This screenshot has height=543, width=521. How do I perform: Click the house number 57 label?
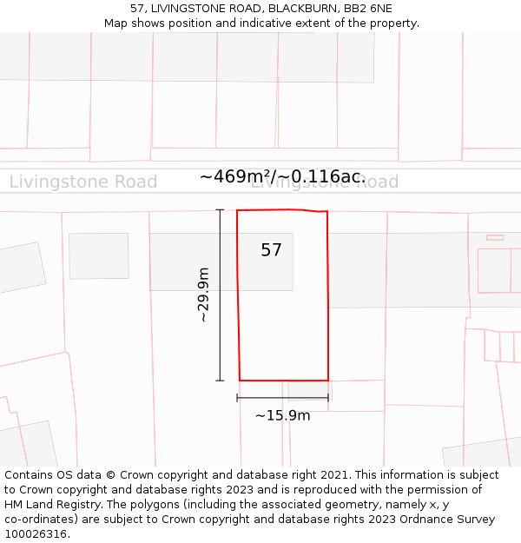pyautogui.click(x=271, y=250)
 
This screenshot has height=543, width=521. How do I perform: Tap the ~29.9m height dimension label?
pyautogui.click(x=204, y=295)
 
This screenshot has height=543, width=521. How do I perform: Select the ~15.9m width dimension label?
pyautogui.click(x=282, y=415)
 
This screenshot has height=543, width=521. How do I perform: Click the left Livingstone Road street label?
pyautogui.click(x=83, y=182)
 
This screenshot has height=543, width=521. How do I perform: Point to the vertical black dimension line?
pyautogui.click(x=220, y=295)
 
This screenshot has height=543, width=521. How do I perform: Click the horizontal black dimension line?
pyautogui.click(x=282, y=398)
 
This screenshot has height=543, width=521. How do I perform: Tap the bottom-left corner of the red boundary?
pyautogui.click(x=240, y=381)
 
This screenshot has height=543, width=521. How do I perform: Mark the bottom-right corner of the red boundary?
pyautogui.click(x=328, y=381)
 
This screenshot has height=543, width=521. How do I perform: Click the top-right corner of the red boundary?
pyautogui.click(x=327, y=211)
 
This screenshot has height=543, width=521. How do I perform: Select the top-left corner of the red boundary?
pyautogui.click(x=237, y=210)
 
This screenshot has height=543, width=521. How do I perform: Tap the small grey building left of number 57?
pyautogui.click(x=99, y=255)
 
